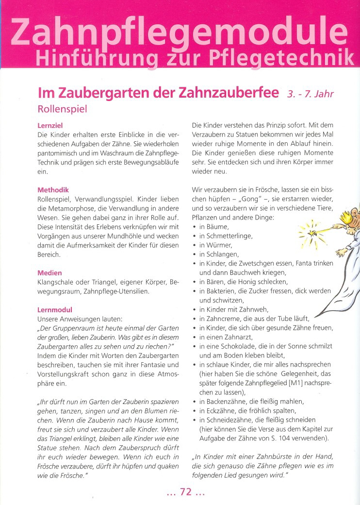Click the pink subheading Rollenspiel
[62, 109]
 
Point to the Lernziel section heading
[50, 125]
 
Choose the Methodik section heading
[53, 190]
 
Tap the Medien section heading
[49, 273]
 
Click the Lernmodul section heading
[55, 310]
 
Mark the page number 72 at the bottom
[186, 492]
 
